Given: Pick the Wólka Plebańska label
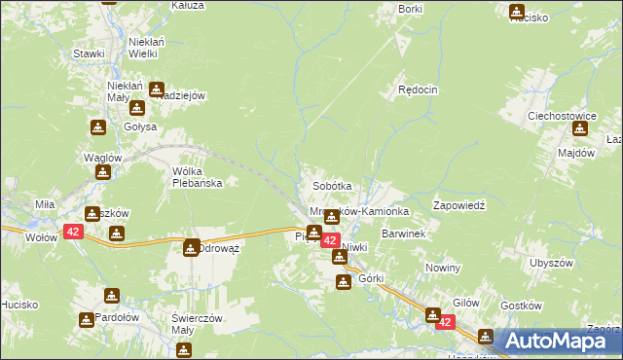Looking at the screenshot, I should [199, 176].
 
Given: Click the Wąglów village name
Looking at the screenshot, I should [102, 158].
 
